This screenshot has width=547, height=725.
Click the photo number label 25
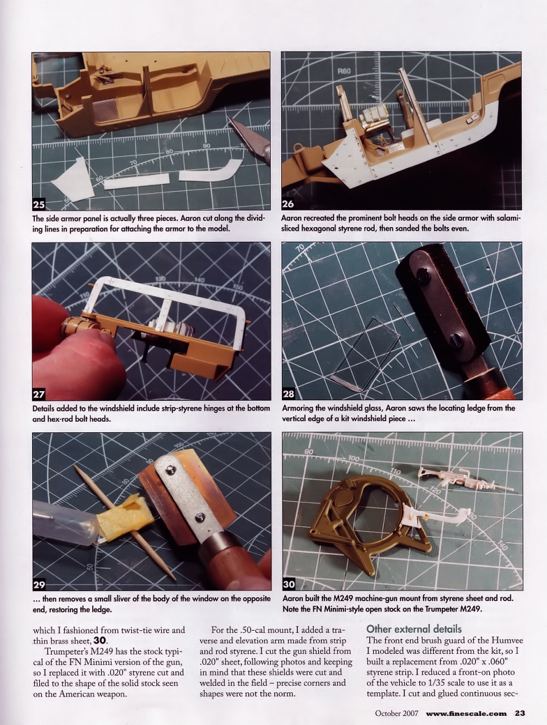40,204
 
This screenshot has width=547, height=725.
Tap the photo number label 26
289,204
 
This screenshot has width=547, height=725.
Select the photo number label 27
40,394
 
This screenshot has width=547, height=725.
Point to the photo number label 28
289,394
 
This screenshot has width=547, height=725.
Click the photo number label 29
40,583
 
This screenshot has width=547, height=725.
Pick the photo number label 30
289,583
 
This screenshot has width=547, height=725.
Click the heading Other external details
414,629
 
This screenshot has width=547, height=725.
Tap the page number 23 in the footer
520,712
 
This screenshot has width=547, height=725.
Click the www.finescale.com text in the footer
466,712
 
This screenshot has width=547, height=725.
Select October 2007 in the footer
398,712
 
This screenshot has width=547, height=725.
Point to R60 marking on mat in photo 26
344,71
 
